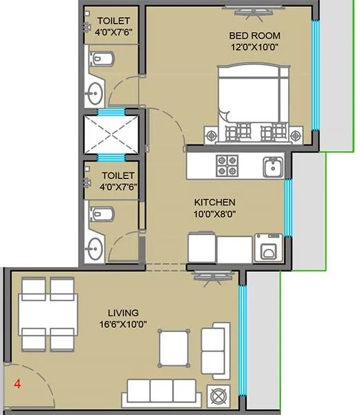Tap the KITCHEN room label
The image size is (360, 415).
click(214, 202)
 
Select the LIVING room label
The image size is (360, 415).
click(123, 313)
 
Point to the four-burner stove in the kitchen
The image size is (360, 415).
click(228, 166)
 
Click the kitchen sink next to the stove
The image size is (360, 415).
click(272, 167)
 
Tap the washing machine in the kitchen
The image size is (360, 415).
click(267, 248)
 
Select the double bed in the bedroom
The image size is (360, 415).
click(252, 104)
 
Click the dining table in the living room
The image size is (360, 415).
click(48, 315)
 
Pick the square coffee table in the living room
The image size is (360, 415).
click(174, 348)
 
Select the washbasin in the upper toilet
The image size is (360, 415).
click(94, 90)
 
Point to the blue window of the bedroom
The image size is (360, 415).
click(315, 76)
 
